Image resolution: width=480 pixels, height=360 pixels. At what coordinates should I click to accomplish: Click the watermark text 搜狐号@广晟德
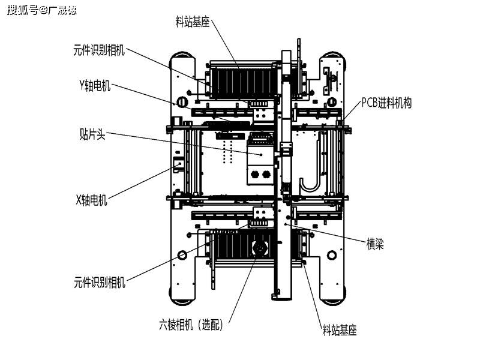point(41,10)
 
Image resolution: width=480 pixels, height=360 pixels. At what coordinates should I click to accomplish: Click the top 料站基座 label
point(192,21)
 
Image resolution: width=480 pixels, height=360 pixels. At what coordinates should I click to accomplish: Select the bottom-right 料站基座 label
point(340,331)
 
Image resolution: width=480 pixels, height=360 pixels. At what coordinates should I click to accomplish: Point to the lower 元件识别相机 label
point(100,282)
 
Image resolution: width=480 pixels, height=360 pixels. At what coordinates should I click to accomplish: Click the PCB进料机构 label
point(386,103)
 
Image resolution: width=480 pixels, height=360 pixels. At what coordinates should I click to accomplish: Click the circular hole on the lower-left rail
point(182,255)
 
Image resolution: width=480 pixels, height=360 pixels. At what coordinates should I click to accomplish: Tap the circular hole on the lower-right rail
point(332,255)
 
